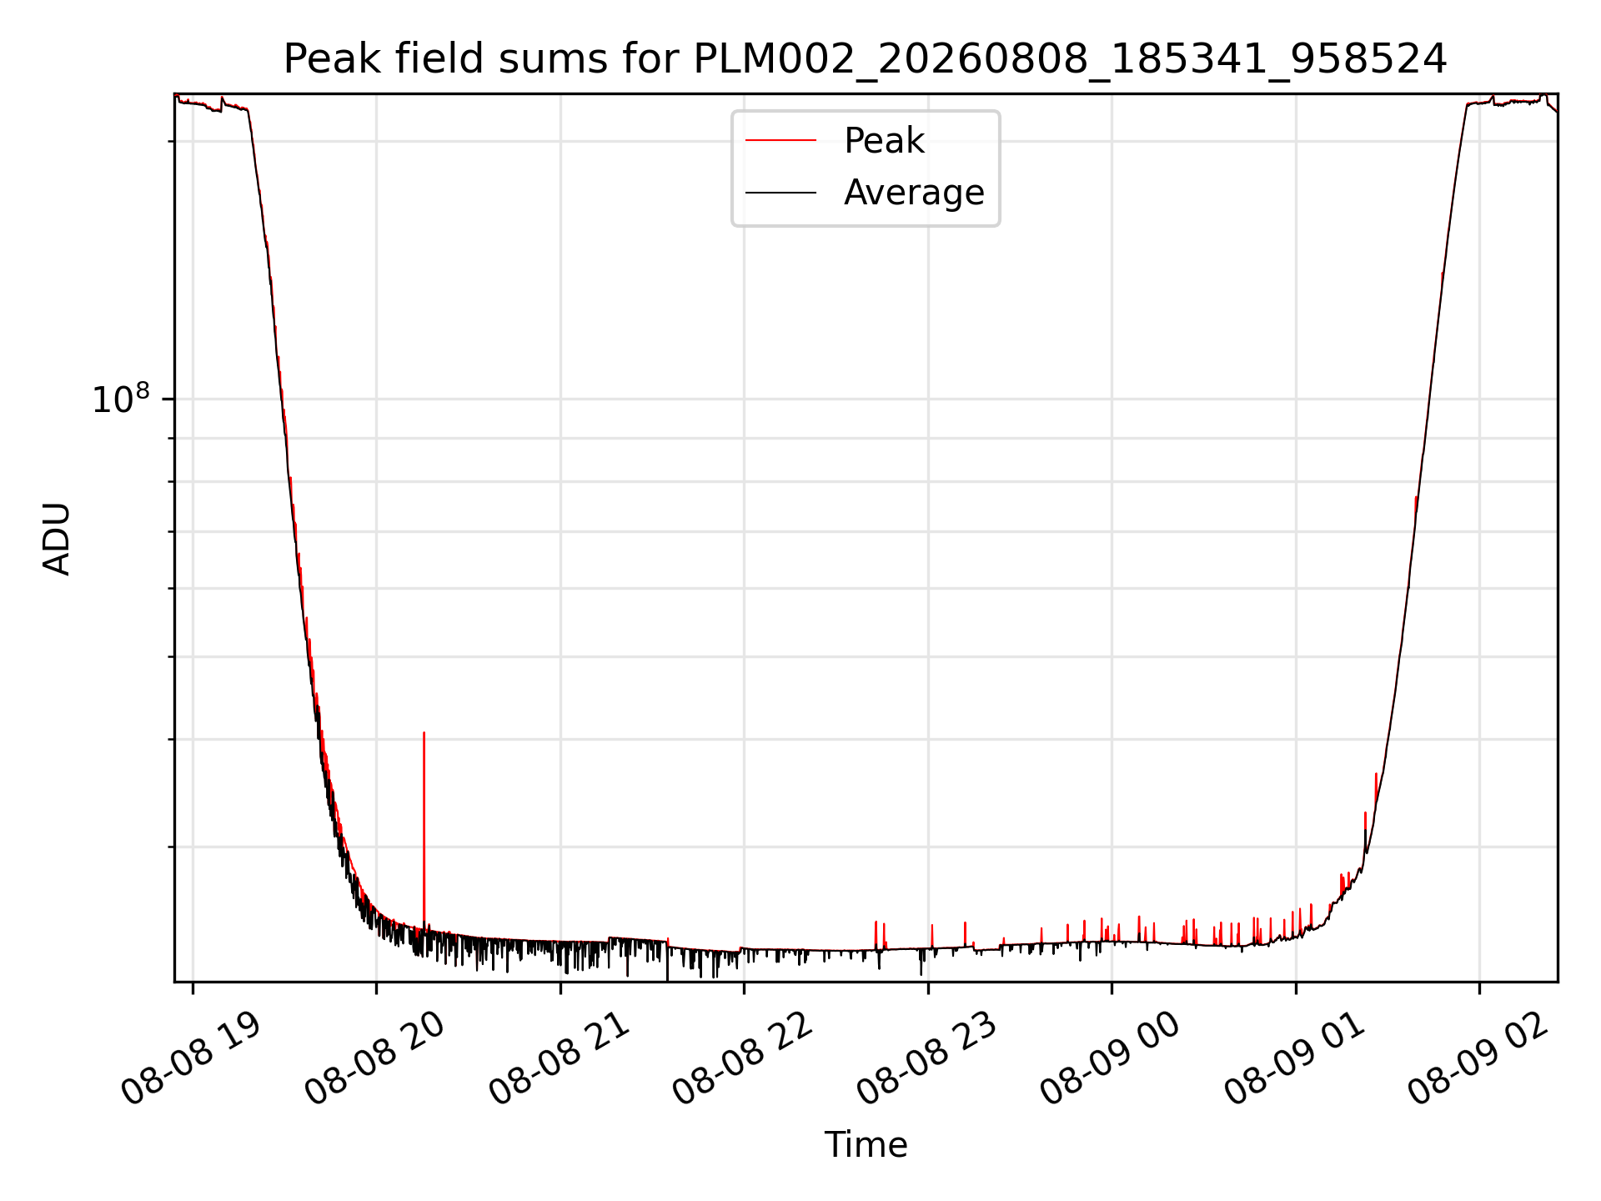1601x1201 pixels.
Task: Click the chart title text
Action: pos(866,59)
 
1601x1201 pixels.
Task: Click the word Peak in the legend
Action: pos(884,141)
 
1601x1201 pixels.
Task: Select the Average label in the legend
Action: pos(914,193)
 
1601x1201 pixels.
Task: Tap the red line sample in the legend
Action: pos(780,141)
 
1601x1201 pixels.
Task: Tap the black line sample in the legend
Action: pos(780,193)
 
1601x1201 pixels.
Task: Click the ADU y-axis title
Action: pos(57,539)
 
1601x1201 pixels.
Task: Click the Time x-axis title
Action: pos(866,1144)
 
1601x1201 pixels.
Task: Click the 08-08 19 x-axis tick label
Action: pos(192,1059)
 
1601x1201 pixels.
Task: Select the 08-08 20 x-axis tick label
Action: pos(375,1059)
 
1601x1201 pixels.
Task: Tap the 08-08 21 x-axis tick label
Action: pos(560,1059)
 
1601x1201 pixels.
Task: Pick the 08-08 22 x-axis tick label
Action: pos(744,1059)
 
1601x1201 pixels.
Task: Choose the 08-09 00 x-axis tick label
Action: pos(1112,1059)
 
